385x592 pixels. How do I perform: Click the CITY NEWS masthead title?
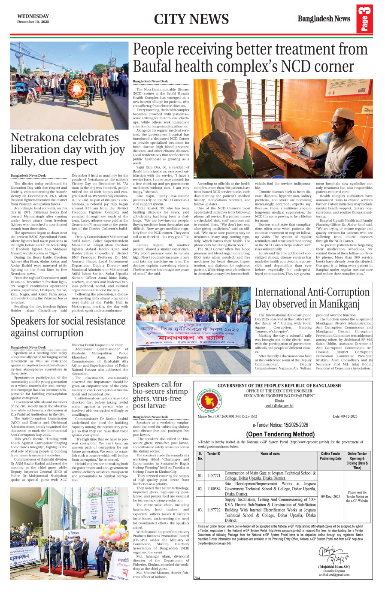191,19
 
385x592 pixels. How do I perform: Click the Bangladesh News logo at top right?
324,19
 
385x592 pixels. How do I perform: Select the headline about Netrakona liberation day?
68,149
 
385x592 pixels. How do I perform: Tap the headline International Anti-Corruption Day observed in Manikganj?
312,298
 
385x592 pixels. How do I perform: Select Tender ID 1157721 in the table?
213,476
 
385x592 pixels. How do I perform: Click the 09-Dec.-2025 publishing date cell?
330,496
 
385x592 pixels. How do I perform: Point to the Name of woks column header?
270,453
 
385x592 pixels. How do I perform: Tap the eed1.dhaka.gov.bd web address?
279,405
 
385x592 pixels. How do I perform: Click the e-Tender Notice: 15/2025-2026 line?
280,425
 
